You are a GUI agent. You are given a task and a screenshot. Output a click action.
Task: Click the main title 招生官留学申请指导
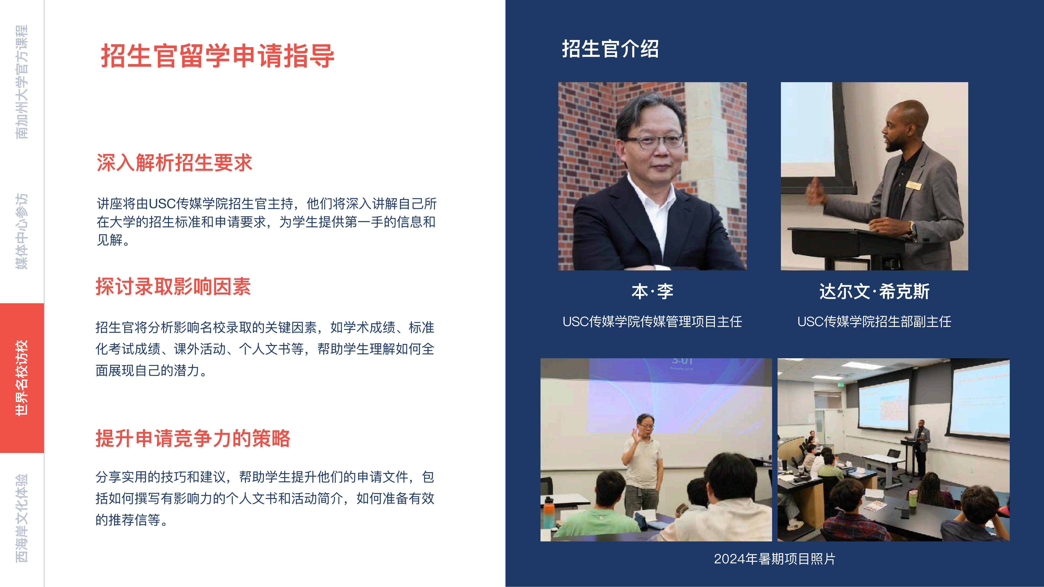pyautogui.click(x=218, y=56)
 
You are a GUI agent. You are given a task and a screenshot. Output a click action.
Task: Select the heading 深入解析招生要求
pyautogui.click(x=174, y=163)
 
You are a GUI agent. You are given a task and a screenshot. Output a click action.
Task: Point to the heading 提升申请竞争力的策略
pyautogui.click(x=193, y=438)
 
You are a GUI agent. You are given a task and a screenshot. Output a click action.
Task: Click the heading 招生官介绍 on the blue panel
pyautogui.click(x=610, y=49)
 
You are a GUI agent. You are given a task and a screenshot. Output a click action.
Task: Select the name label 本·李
pyautogui.click(x=652, y=291)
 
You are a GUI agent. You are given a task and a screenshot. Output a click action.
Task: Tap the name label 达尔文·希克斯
pyautogui.click(x=874, y=291)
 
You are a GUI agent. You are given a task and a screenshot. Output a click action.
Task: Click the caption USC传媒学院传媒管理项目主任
pyautogui.click(x=652, y=322)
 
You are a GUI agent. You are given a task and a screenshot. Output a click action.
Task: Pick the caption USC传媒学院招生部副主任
pyautogui.click(x=874, y=322)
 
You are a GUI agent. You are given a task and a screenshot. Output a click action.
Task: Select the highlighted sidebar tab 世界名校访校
pyautogui.click(x=22, y=378)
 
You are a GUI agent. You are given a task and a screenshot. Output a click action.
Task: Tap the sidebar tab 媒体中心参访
pyautogui.click(x=22, y=231)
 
